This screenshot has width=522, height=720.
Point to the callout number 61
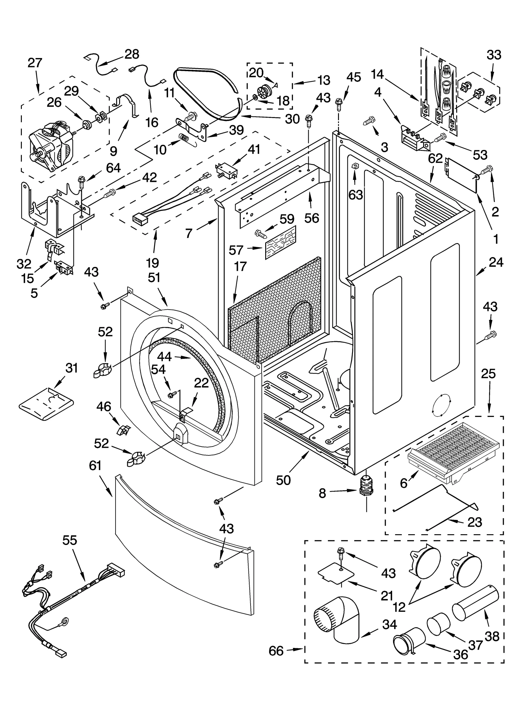(x=95, y=466)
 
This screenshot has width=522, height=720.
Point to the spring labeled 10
(x=184, y=138)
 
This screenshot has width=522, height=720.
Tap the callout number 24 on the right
(x=496, y=262)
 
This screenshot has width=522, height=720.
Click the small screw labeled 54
(x=171, y=395)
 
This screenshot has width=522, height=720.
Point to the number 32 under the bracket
(x=24, y=263)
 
